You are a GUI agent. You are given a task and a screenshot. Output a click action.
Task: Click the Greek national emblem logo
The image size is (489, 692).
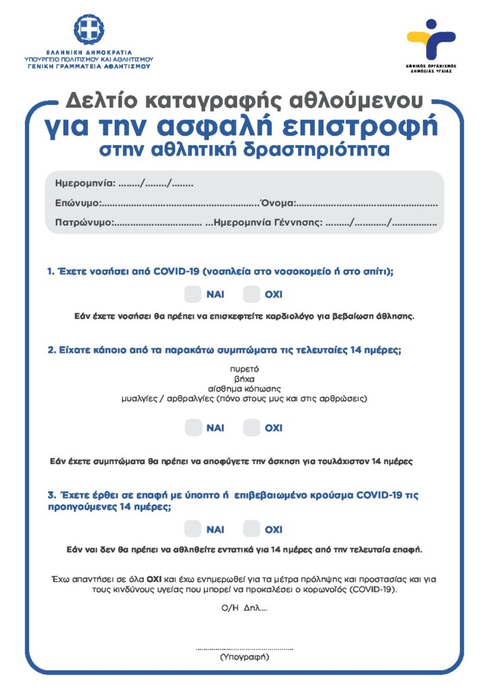(x=89, y=30)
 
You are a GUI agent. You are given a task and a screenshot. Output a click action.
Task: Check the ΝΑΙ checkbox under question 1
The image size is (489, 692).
(x=193, y=294)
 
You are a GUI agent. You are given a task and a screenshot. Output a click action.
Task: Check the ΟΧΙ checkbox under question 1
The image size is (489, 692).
(x=252, y=294)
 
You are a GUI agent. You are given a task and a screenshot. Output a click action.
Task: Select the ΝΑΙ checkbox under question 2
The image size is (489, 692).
(x=193, y=427)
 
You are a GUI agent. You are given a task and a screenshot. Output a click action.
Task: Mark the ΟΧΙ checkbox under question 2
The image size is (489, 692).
(x=252, y=427)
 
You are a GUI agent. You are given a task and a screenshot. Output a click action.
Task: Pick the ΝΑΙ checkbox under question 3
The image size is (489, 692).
(x=193, y=528)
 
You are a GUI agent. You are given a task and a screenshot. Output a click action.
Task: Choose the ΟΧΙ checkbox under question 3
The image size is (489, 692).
(x=252, y=528)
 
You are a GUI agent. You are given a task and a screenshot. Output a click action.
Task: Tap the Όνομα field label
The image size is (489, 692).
(x=278, y=203)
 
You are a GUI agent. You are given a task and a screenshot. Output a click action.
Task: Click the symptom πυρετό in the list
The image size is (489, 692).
(x=244, y=369)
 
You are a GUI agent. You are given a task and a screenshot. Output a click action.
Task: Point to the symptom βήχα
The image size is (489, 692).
(x=244, y=379)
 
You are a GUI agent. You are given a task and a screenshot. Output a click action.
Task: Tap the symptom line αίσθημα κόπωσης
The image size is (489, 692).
(x=244, y=389)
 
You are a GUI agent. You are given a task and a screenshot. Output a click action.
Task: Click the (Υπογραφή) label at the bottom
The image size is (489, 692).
(x=244, y=657)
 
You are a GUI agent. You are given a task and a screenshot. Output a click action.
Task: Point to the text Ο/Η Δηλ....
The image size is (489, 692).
(x=244, y=608)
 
